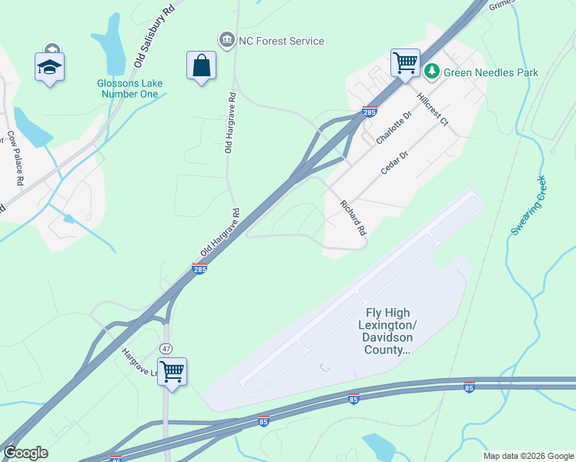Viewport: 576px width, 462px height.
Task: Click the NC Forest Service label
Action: [x=281, y=41]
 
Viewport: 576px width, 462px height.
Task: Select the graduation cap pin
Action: [x=50, y=67]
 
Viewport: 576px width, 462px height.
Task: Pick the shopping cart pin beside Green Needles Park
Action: [x=405, y=62]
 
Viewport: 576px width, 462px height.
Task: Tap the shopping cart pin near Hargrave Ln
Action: [x=172, y=372]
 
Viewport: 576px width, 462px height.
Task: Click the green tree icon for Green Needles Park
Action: [x=432, y=72]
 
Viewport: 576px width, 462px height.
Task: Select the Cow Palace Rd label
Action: [x=16, y=159]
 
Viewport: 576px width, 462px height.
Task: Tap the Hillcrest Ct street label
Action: [x=432, y=110]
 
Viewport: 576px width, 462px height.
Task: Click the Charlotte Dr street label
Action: [x=395, y=127]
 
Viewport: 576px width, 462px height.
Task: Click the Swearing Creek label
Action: [x=529, y=206]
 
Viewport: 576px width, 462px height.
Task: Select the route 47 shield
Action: [x=166, y=348]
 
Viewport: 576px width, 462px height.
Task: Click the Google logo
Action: [x=25, y=453]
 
